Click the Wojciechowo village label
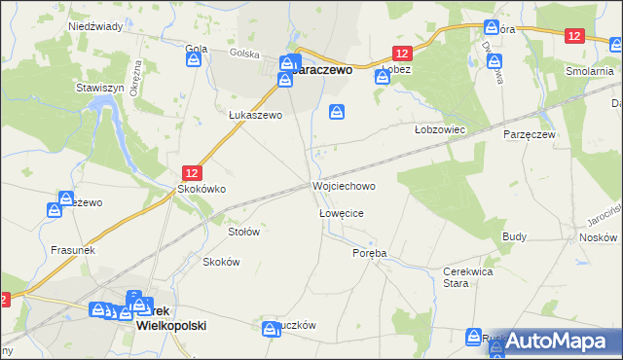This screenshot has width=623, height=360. [x=343, y=185]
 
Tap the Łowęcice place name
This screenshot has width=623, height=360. [x=342, y=212]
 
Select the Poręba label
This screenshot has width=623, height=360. [x=370, y=253]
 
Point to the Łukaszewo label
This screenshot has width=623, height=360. [x=255, y=115]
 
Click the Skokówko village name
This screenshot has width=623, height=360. [x=201, y=190]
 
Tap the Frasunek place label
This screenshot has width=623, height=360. [x=72, y=250]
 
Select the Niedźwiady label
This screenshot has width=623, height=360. [x=94, y=26]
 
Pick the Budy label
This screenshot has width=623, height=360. [x=514, y=236]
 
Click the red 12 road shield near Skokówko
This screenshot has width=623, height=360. [x=193, y=170]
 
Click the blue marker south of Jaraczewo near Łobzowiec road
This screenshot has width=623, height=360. [x=337, y=113]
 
